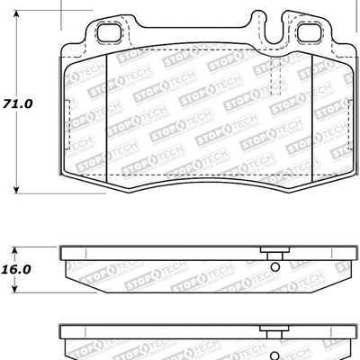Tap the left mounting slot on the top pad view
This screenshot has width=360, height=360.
pos(109,35)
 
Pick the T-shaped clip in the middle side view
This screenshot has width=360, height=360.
pos(269,254)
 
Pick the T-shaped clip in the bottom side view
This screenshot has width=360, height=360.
pos(269,330)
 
